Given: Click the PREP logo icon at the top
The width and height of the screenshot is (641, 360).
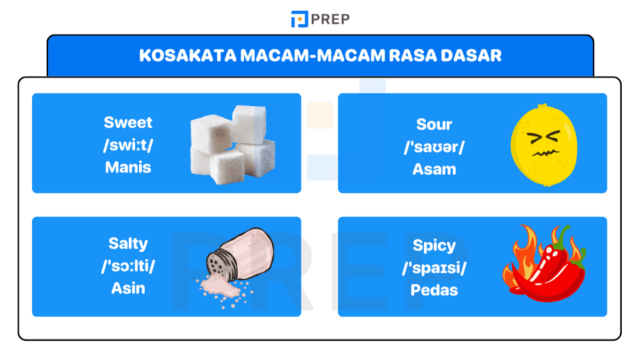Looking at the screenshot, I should pyautogui.click(x=299, y=19).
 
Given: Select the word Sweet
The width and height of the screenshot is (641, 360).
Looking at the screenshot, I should pyautogui.click(x=128, y=122).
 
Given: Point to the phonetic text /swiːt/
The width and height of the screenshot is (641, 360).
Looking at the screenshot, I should pyautogui.click(x=128, y=145).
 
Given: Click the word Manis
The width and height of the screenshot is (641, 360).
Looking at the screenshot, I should pyautogui.click(x=128, y=167).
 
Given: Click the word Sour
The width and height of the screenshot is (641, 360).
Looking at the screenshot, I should pyautogui.click(x=434, y=124).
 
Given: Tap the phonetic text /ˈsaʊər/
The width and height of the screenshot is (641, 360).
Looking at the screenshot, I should pyautogui.click(x=434, y=147).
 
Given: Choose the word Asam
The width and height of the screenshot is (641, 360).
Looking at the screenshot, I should pyautogui.click(x=434, y=169).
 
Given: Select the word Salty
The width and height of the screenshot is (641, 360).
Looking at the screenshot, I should pyautogui.click(x=128, y=243).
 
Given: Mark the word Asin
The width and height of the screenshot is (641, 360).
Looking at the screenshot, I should pyautogui.click(x=128, y=288).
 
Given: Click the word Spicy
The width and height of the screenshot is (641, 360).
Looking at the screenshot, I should pyautogui.click(x=434, y=245).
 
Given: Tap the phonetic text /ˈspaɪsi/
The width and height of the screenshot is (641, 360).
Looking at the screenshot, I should pyautogui.click(x=434, y=268).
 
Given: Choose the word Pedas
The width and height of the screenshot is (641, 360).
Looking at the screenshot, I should pyautogui.click(x=434, y=290).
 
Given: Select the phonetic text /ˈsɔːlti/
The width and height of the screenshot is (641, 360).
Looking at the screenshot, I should pyautogui.click(x=128, y=266).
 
